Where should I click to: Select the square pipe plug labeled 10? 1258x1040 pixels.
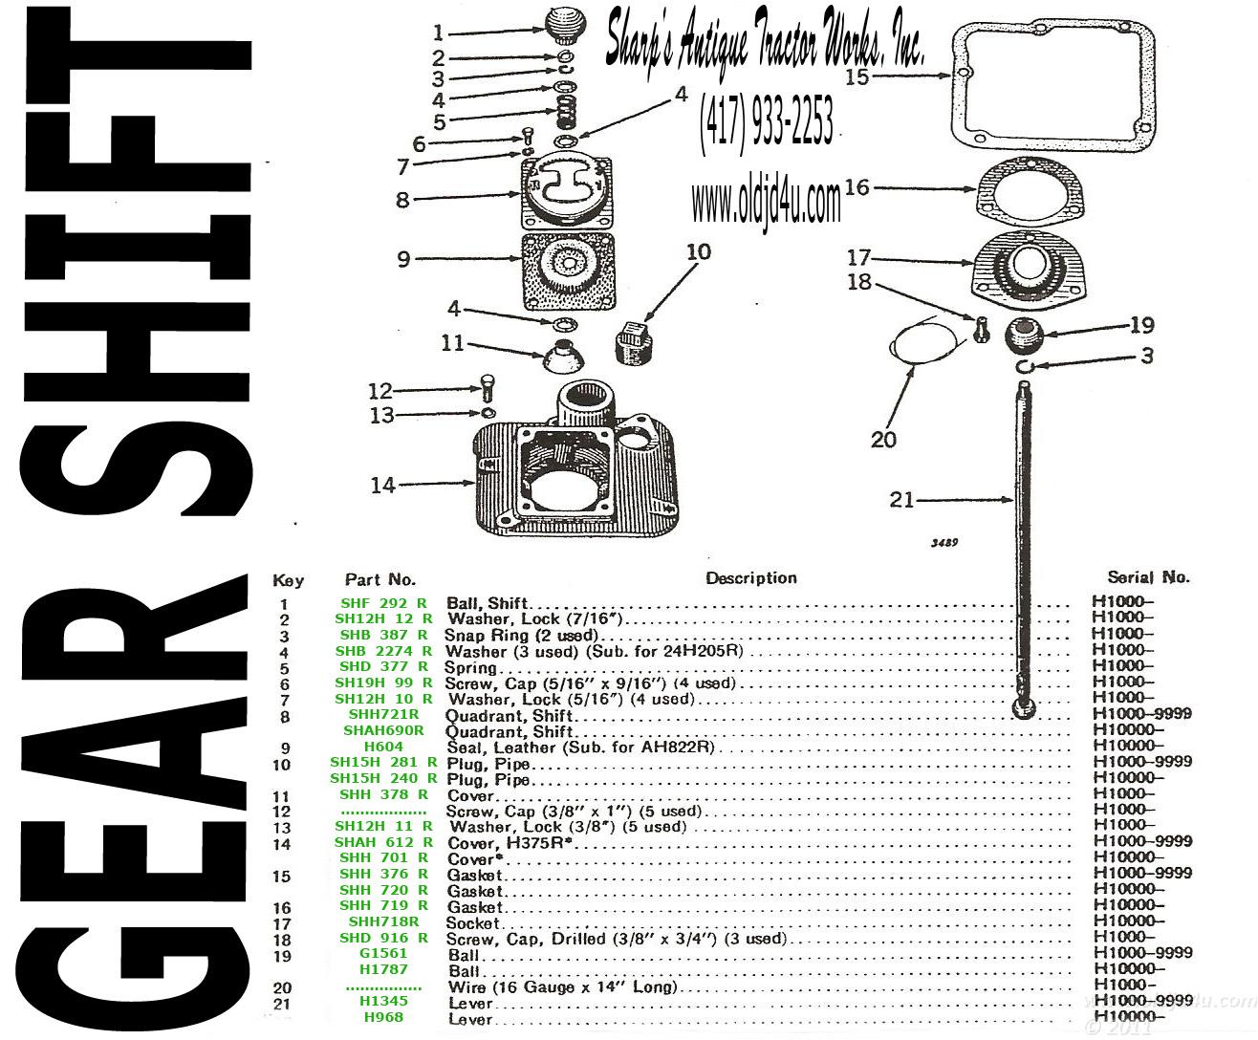pyautogui.click(x=633, y=341)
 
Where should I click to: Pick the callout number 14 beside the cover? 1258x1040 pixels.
pyautogui.click(x=383, y=485)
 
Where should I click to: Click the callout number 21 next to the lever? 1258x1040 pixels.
pyautogui.click(x=901, y=500)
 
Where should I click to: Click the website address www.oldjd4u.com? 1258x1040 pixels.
pyautogui.click(x=766, y=203)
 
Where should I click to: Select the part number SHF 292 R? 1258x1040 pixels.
pyautogui.click(x=383, y=602)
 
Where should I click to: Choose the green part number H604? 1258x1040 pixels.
pyautogui.click(x=383, y=746)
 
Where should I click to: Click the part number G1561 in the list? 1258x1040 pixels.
pyautogui.click(x=383, y=953)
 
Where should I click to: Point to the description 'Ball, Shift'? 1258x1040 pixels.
pyautogui.click(x=487, y=603)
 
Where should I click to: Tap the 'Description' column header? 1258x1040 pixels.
pyautogui.click(x=750, y=578)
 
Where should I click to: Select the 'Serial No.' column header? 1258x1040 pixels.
pyautogui.click(x=1148, y=576)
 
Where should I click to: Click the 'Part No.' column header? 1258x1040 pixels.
pyautogui.click(x=380, y=579)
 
